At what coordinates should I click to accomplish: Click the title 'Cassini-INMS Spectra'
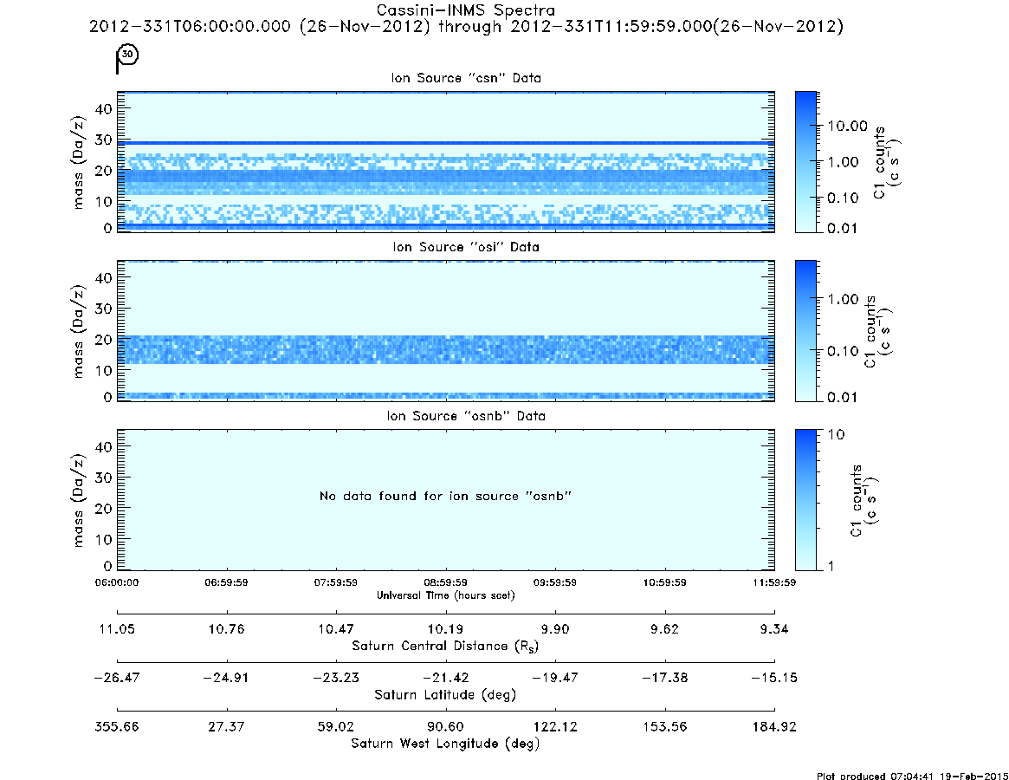[465, 10]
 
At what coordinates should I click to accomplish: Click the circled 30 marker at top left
[127, 54]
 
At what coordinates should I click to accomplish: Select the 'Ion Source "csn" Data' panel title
[466, 78]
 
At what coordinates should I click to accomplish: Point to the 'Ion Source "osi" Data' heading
[466, 247]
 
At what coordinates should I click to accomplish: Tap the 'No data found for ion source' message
[445, 496]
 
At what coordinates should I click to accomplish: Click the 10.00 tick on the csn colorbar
[848, 127]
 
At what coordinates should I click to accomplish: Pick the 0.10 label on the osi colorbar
[844, 351]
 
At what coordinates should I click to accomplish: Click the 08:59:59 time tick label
[445, 582]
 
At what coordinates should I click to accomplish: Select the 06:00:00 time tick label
[116, 582]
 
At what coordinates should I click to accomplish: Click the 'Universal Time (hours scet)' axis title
[445, 595]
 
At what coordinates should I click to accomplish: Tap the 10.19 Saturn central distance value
[445, 629]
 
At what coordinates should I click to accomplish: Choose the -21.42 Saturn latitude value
[445, 678]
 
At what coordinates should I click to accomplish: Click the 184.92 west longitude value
[774, 726]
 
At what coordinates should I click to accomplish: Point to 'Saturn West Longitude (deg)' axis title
[445, 744]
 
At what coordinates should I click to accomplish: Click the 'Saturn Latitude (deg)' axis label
[445, 695]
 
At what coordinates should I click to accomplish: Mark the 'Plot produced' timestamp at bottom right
[912, 776]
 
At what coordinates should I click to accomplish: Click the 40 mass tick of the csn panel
[103, 109]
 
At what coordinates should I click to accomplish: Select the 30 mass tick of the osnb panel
[103, 478]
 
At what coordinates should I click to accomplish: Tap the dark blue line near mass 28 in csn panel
[445, 143]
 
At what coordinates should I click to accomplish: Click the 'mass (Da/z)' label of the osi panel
[78, 331]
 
